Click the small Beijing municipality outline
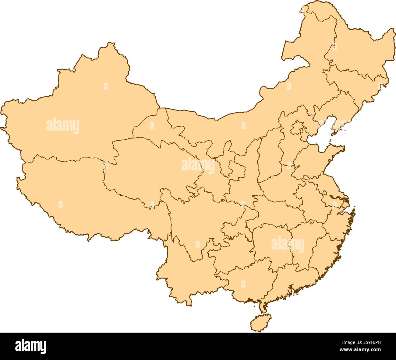tap(297, 128)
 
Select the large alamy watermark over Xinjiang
tap(63, 126)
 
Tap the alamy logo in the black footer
tap(30, 346)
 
